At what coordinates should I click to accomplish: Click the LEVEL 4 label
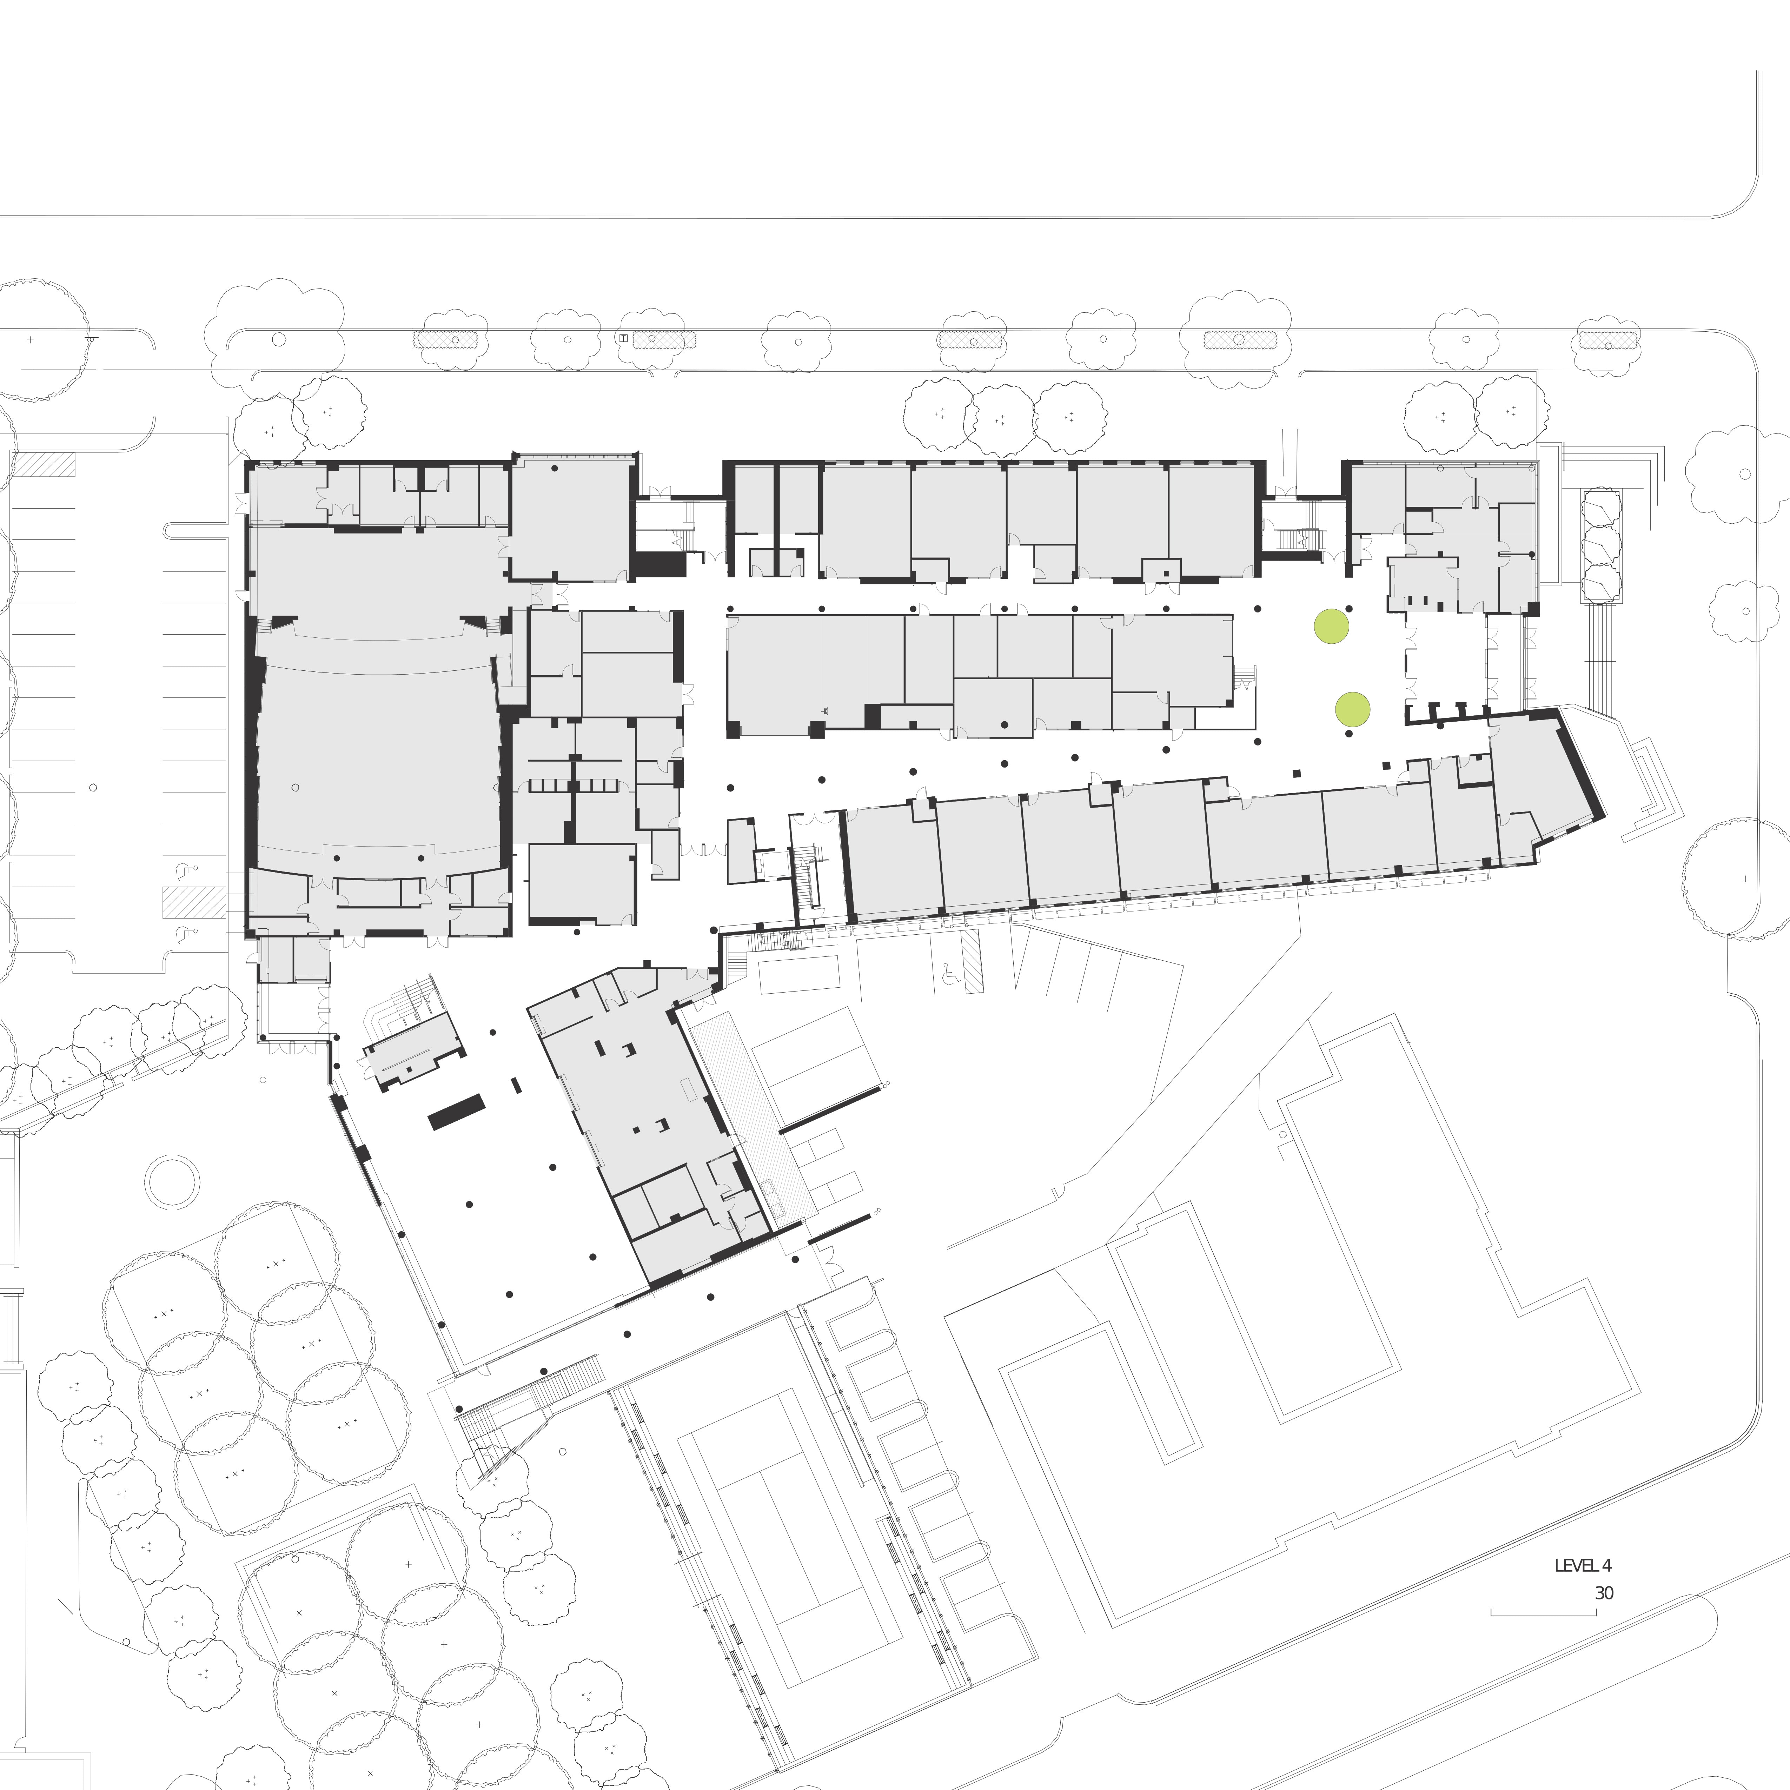pos(1583,1566)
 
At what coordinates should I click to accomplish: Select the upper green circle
pos(1331,626)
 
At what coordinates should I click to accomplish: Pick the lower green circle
pos(1352,710)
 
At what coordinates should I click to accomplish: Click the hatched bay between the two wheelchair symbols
pos(194,901)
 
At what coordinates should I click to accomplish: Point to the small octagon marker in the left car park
pos(93,788)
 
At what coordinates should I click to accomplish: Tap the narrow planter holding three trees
pos(1601,546)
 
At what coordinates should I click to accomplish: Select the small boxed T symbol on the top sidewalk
pos(624,338)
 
